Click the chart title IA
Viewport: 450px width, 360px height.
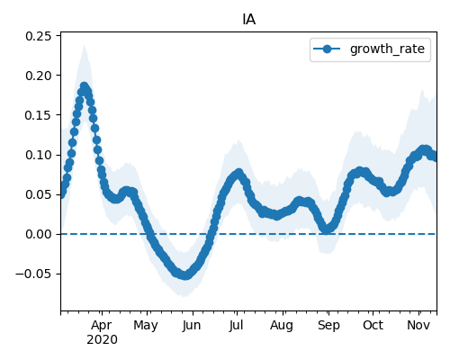249,20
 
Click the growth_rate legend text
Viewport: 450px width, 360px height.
387,49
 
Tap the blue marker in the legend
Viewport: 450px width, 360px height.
327,49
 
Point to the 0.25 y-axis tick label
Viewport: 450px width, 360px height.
39,36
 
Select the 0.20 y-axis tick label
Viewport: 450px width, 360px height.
39,76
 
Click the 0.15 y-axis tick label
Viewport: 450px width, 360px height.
39,115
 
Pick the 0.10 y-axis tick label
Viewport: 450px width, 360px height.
39,155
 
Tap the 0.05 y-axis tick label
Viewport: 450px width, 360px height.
39,194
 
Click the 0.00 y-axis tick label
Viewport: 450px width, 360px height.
39,234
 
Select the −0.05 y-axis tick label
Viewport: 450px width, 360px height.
33,274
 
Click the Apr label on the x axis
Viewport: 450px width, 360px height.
102,326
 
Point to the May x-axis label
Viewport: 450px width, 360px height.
146,326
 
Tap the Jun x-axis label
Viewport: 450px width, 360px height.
192,326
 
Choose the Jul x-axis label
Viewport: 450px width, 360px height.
236,326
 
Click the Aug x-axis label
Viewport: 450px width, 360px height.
282,326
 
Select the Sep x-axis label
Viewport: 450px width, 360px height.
328,326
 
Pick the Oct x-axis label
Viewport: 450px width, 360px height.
373,326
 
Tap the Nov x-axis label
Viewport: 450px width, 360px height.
418,326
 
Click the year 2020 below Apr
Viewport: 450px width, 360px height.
102,340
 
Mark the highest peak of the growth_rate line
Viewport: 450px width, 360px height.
85,86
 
